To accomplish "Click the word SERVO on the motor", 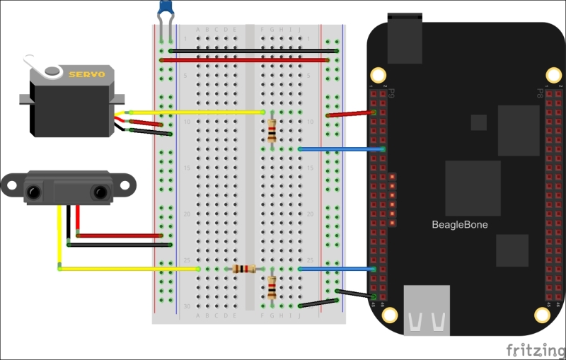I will point(86,74).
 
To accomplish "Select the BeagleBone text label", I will point(460,225).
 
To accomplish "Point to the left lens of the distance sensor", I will point(33,191).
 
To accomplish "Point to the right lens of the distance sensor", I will point(100,191).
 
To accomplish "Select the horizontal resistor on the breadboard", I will point(245,269).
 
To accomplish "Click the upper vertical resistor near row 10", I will point(272,131).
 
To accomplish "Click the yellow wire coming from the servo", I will point(198,112).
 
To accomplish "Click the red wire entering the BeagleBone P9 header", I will point(350,113).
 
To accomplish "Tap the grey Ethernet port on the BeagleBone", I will point(427,309).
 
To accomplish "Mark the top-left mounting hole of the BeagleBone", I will point(379,75).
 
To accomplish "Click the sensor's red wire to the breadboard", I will point(120,236).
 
